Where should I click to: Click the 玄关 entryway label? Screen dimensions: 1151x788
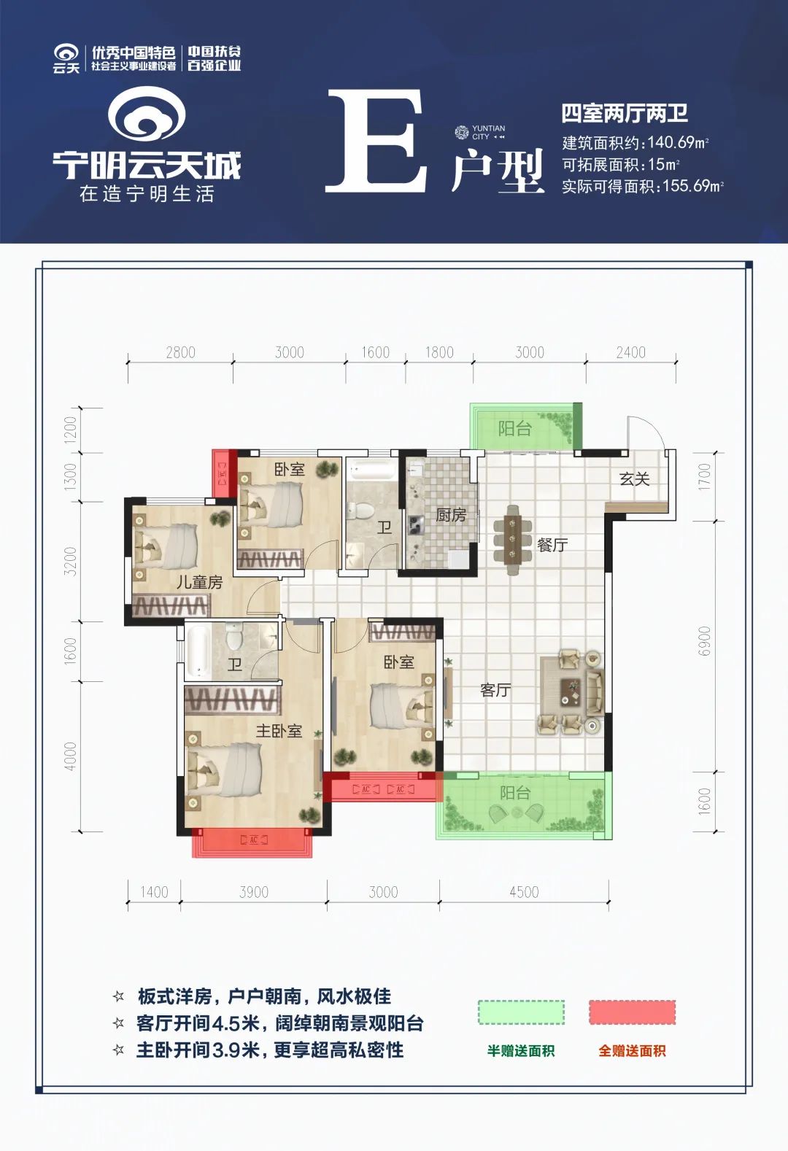(634, 479)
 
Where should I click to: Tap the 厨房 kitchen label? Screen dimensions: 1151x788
(450, 515)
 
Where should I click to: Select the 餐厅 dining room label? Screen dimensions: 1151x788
(552, 544)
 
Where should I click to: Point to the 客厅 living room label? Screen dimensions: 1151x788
(495, 689)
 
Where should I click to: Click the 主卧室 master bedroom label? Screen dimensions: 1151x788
(279, 731)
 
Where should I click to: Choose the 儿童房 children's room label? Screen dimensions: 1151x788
(199, 582)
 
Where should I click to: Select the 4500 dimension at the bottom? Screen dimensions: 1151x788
(524, 891)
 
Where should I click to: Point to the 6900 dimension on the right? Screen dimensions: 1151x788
(704, 641)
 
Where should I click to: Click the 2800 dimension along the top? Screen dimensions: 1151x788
(180, 352)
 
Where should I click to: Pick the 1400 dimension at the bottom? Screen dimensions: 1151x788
(154, 891)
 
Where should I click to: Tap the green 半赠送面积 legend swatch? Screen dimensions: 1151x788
(521, 1012)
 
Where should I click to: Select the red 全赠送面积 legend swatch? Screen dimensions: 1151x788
(632, 1012)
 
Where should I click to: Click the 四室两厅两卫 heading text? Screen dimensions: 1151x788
(625, 114)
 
